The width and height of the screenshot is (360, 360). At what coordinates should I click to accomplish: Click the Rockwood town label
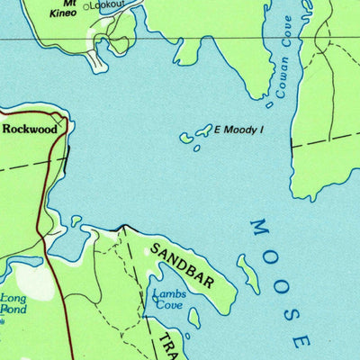click(x=30, y=129)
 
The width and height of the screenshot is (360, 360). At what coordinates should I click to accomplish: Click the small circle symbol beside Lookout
click(x=87, y=6)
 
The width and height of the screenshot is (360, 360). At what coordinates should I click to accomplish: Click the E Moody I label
click(x=240, y=130)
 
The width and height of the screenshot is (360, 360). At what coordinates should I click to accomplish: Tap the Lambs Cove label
click(x=167, y=299)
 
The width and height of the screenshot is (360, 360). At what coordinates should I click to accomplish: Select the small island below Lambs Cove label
click(x=194, y=317)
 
